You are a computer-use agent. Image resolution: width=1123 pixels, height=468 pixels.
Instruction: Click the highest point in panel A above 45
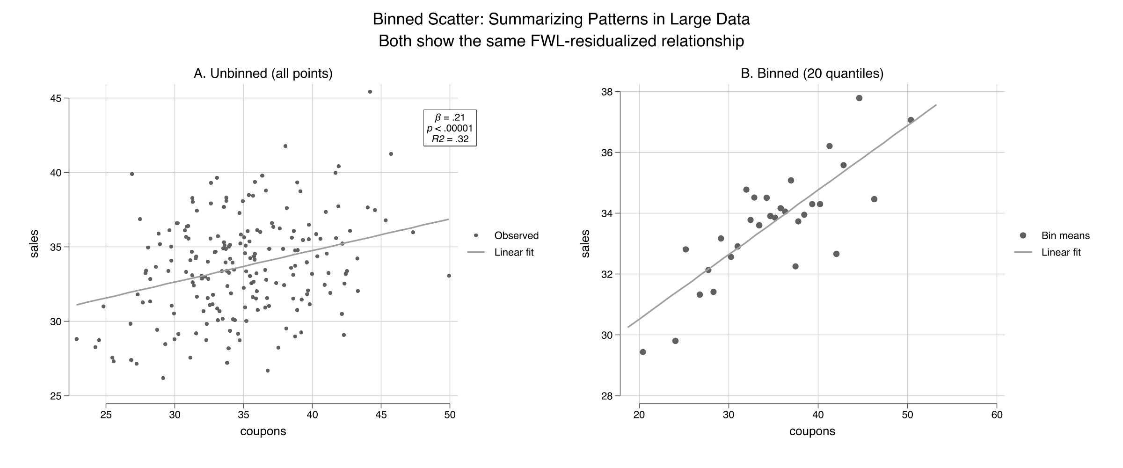tap(370, 92)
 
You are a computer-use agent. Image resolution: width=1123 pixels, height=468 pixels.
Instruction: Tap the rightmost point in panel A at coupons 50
tap(449, 276)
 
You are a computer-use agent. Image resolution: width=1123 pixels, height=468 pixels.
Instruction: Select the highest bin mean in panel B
tap(859, 98)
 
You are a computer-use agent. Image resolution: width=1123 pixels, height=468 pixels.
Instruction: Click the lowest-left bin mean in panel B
tap(642, 352)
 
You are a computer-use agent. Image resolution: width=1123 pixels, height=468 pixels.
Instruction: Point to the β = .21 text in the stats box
tap(450, 117)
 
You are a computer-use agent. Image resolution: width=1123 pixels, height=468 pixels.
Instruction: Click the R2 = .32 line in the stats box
tap(450, 139)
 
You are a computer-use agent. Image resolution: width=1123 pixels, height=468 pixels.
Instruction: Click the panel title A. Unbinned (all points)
tap(263, 73)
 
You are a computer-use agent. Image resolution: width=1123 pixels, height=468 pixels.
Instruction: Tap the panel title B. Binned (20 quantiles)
tap(812, 73)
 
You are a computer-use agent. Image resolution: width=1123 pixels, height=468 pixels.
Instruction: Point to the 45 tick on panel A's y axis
tap(56, 98)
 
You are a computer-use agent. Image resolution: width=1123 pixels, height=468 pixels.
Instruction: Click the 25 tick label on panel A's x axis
tap(106, 415)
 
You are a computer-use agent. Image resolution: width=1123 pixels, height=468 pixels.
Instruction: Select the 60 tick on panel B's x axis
tap(997, 415)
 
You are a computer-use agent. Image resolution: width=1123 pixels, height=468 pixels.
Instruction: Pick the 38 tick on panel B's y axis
tap(607, 92)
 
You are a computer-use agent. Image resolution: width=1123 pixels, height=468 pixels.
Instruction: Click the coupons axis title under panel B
tap(812, 431)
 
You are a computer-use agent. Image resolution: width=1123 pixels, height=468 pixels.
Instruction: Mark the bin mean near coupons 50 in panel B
tap(911, 120)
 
